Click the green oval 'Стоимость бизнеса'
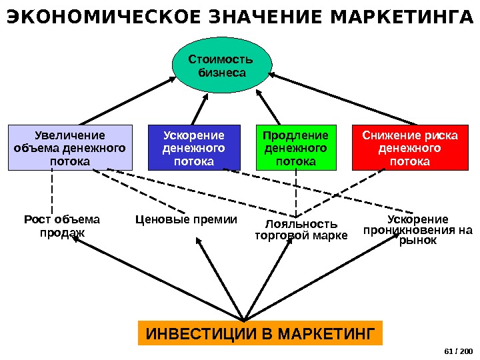point(222,65)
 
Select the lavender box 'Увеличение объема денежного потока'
point(70,148)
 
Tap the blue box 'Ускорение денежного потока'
point(193,148)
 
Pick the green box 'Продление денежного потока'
point(296,148)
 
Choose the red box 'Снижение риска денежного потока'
point(410,148)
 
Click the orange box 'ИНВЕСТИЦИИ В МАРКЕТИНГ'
point(260,333)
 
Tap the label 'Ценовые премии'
point(186,219)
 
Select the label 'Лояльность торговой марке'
point(301,229)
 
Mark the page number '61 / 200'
point(457,351)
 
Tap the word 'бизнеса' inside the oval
point(222,73)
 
